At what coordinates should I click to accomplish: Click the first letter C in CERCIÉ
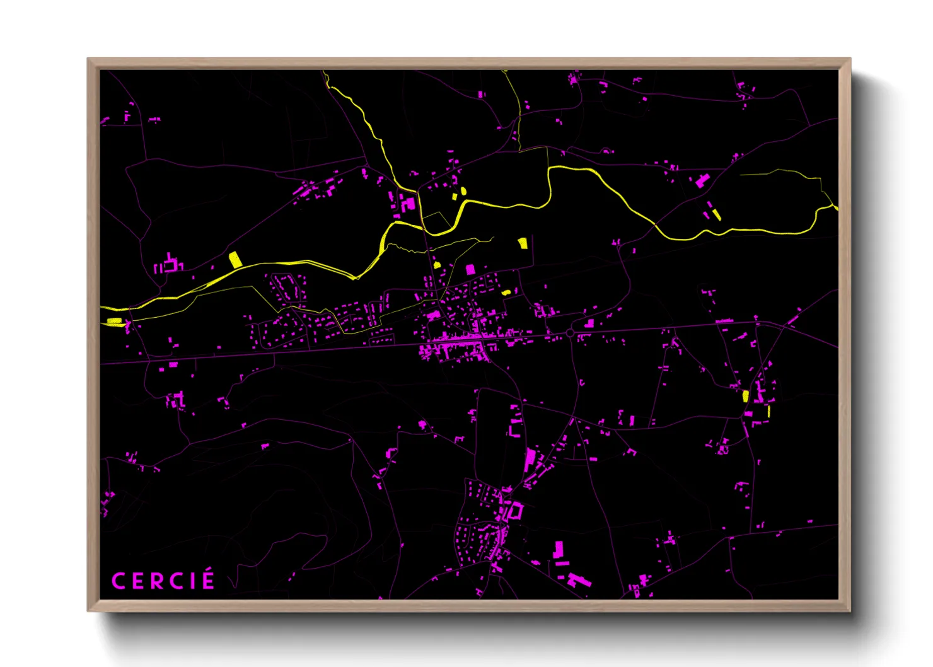(x=118, y=581)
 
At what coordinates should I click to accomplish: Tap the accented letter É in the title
(x=207, y=579)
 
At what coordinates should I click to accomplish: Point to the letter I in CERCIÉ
(x=192, y=581)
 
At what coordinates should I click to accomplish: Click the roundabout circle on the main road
(x=570, y=333)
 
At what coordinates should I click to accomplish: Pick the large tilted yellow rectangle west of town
(x=235, y=259)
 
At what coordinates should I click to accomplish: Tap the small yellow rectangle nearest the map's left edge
(x=114, y=322)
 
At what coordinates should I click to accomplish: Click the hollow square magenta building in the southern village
(x=516, y=511)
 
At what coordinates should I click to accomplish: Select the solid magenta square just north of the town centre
(x=470, y=270)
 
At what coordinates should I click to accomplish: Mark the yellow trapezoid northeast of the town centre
(x=522, y=243)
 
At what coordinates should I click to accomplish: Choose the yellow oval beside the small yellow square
(x=463, y=190)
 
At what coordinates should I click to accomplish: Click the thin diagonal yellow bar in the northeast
(x=716, y=214)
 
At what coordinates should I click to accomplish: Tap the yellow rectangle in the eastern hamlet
(x=746, y=396)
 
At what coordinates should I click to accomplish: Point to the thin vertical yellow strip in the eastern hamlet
(x=768, y=411)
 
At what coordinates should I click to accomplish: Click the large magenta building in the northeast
(x=702, y=180)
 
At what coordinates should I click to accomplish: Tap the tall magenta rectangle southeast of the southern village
(x=558, y=549)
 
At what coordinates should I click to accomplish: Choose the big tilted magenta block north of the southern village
(x=530, y=460)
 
